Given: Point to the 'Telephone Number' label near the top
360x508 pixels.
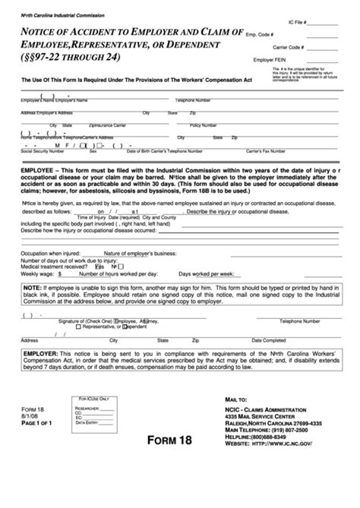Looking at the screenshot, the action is click(x=193, y=100).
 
